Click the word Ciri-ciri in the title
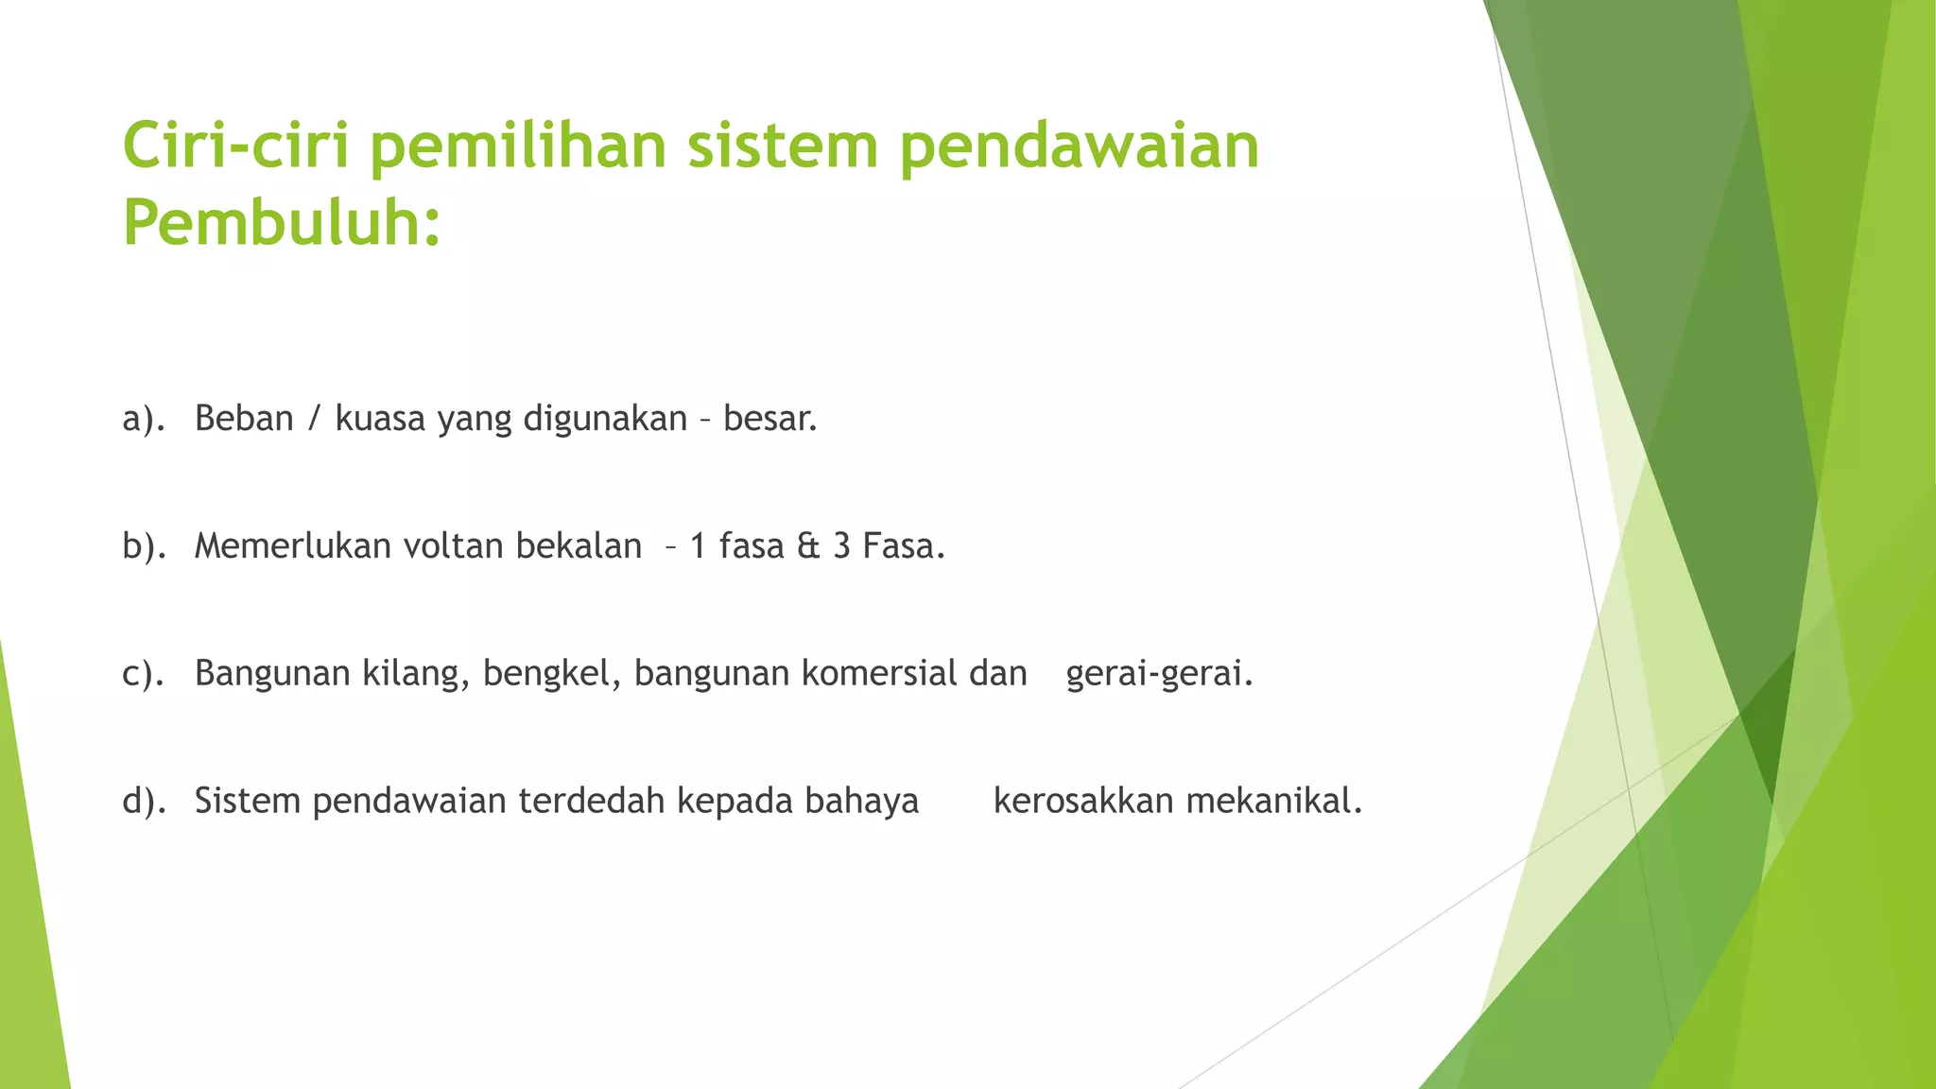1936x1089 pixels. point(236,147)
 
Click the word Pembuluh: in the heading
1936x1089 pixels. point(282,224)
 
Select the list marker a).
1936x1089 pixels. point(144,418)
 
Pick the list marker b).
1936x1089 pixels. point(144,545)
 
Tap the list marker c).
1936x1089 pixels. point(144,673)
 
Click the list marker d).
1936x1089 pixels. point(144,801)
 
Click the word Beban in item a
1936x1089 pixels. point(244,418)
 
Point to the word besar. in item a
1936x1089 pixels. point(769,418)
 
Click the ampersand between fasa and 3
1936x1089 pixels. point(808,545)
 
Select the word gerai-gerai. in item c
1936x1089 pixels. point(1159,673)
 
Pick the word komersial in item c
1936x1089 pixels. point(879,673)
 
